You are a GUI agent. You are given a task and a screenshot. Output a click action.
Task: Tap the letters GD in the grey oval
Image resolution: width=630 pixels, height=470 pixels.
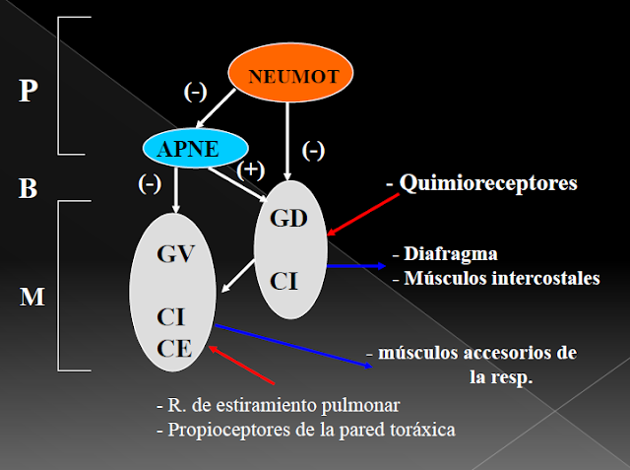point(289,218)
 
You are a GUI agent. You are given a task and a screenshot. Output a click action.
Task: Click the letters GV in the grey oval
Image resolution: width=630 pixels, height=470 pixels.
point(173,255)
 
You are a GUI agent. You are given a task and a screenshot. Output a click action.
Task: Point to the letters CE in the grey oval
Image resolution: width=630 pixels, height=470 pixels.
point(172,347)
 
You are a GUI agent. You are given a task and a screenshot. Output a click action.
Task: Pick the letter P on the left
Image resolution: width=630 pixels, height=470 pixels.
point(30,92)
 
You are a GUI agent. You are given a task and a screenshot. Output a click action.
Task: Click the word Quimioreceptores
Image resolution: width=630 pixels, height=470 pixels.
point(489,183)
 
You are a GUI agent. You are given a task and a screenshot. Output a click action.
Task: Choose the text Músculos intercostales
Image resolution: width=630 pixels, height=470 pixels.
point(502,278)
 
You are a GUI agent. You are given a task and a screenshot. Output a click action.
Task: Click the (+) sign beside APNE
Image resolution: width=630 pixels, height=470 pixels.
point(251,168)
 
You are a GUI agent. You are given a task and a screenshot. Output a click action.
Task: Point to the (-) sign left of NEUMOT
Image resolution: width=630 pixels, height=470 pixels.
point(196,92)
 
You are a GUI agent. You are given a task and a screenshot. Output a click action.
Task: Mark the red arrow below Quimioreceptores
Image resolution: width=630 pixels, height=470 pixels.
point(365,211)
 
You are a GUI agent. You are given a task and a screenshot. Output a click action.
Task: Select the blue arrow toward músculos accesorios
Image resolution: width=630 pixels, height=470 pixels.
point(295,347)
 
